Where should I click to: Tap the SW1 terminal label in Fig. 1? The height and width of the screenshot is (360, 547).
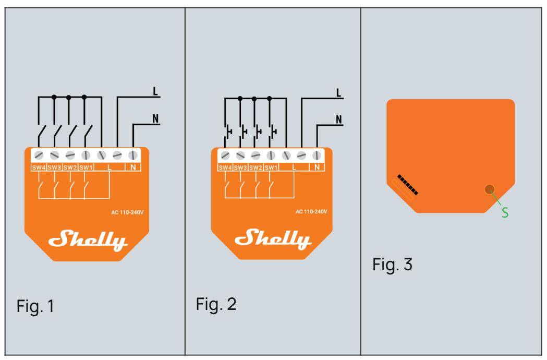pos(86,167)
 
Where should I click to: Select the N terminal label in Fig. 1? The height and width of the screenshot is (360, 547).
pos(133,167)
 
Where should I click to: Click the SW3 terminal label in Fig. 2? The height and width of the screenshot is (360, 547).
pos(240,167)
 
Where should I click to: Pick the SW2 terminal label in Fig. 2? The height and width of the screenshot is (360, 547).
pos(256,167)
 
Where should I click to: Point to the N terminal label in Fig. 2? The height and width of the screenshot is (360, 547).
pos(317,167)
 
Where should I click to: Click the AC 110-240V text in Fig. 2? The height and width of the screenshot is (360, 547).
pos(312,211)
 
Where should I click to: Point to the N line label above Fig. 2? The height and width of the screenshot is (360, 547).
pos(339,119)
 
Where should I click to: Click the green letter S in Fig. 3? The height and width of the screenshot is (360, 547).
pos(504,213)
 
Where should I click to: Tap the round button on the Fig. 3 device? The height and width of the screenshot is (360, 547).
pos(489,190)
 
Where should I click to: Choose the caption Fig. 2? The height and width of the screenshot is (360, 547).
pos(216,304)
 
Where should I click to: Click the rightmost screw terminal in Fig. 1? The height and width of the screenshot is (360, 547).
pos(133,155)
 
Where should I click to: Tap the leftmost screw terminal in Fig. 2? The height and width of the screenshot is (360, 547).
pos(225,155)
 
